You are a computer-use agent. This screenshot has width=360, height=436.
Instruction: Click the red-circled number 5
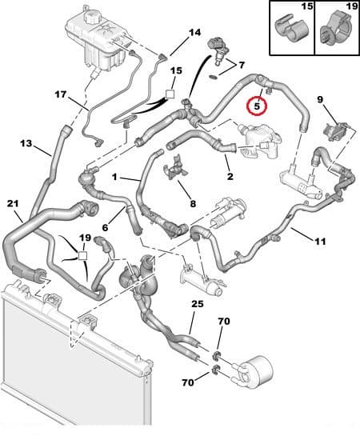click(256, 105)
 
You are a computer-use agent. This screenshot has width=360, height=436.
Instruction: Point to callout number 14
click(194, 33)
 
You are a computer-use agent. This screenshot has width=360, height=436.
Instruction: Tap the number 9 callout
click(320, 100)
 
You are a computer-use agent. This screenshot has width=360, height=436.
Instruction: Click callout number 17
click(61, 94)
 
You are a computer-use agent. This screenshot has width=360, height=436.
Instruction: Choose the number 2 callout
click(230, 177)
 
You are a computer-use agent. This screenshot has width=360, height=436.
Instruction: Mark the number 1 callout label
click(115, 176)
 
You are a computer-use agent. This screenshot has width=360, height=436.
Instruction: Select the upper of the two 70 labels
click(225, 321)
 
